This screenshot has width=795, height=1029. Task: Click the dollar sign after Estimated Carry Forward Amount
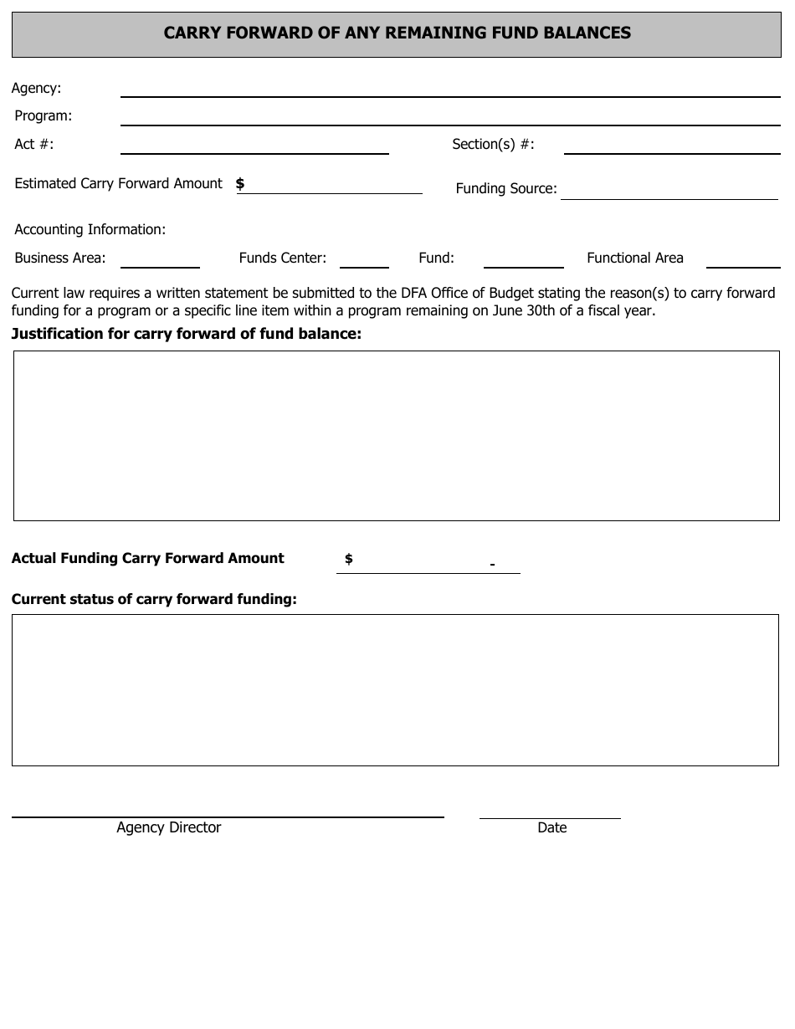point(240,183)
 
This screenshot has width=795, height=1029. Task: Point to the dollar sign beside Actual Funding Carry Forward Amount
point(349,559)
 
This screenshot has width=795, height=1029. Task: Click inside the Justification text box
point(396,436)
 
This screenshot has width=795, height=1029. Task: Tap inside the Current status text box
point(395,690)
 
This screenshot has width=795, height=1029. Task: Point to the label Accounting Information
point(90,229)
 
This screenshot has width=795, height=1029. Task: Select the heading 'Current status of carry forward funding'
point(154,599)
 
